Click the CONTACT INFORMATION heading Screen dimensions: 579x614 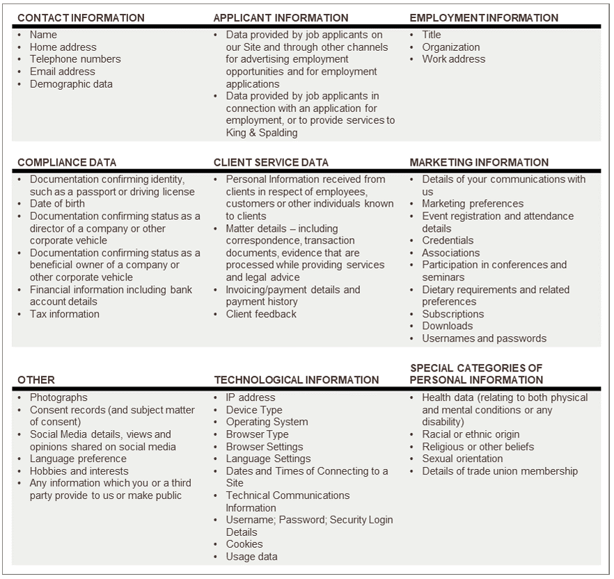coord(81,18)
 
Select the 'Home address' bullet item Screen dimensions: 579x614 coord(63,47)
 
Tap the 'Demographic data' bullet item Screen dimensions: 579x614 coord(71,84)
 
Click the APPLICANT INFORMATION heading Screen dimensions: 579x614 coord(281,18)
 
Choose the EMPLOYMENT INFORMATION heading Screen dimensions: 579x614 coord(484,18)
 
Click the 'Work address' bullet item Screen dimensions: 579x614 coord(453,59)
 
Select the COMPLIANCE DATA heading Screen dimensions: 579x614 coord(67,163)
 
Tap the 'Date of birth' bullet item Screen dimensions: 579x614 coord(57,204)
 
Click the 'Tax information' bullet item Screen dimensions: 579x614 coord(64,314)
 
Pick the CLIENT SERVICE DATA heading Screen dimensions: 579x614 coord(271,163)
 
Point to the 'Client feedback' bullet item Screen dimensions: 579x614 coord(261,314)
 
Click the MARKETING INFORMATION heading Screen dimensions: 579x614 coord(479,163)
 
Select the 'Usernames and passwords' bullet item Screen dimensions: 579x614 coord(484,338)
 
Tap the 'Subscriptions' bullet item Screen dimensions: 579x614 coord(452,314)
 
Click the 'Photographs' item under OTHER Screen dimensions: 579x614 coord(58,397)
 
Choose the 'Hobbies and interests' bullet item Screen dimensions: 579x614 coord(79,471)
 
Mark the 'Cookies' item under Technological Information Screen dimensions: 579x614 coord(244,544)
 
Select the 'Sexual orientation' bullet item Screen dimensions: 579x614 coord(462,459)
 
